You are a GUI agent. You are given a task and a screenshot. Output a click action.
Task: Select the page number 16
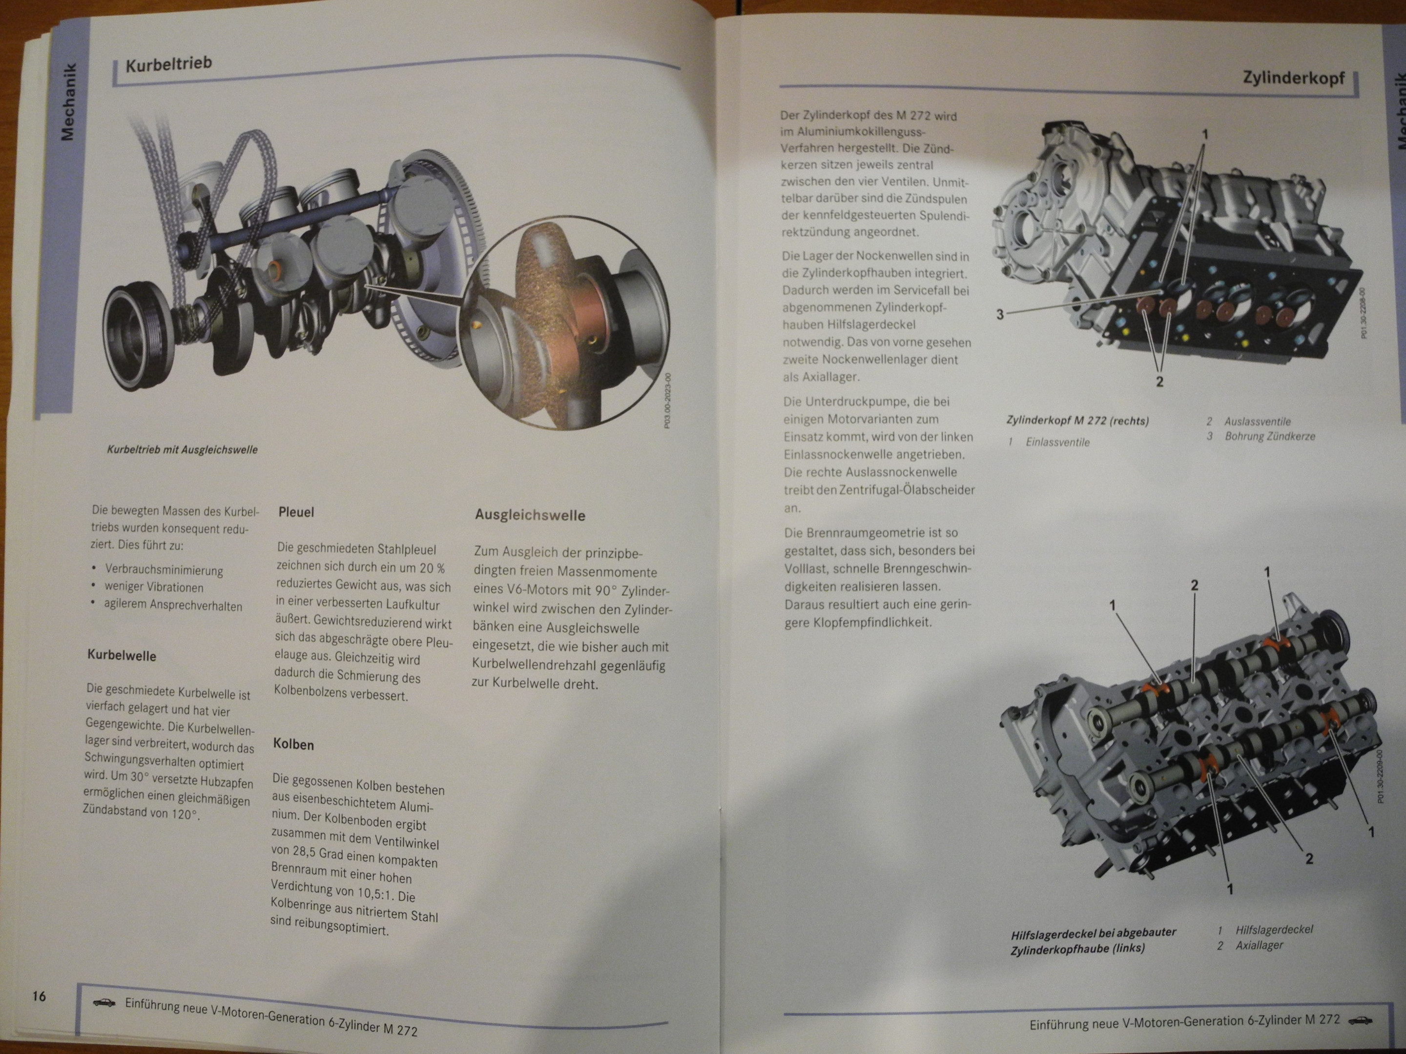[40, 995]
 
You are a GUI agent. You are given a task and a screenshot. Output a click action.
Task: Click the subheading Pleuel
[296, 512]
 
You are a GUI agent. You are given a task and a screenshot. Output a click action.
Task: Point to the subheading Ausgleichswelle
[530, 515]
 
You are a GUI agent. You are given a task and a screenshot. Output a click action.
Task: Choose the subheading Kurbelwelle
[122, 656]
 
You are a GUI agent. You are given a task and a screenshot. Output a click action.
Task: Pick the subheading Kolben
[294, 744]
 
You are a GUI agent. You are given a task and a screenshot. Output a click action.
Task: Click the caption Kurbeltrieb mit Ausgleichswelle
[183, 450]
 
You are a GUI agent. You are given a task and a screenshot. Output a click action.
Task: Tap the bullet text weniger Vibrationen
[154, 587]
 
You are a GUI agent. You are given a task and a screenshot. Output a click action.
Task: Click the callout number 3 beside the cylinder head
[1000, 314]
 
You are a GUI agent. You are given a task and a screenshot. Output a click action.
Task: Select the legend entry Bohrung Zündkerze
[1270, 436]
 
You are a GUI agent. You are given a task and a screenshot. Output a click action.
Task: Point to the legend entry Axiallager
[1259, 945]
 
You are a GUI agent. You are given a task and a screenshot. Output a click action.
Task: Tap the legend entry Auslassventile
[1257, 421]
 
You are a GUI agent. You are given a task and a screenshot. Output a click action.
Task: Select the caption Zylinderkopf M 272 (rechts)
[1078, 421]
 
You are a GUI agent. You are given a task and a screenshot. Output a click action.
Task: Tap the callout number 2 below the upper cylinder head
[1160, 382]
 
